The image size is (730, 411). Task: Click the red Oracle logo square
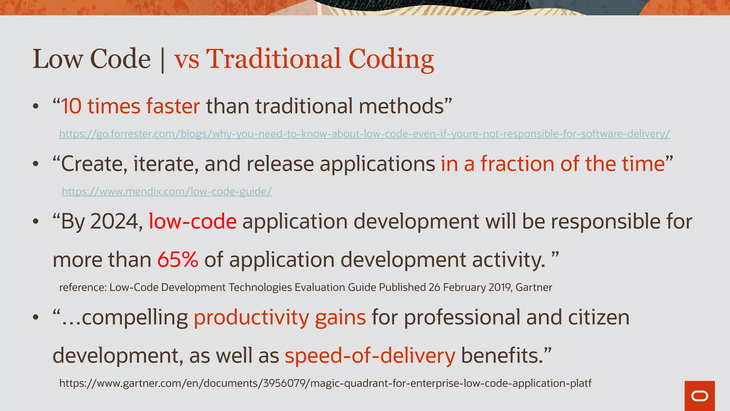(x=699, y=396)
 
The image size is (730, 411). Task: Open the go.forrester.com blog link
(x=364, y=134)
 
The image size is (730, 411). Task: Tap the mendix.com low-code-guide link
(x=167, y=192)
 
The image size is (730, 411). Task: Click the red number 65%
(x=178, y=259)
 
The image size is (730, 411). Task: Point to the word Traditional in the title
(x=274, y=59)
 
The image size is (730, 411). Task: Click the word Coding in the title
(x=391, y=60)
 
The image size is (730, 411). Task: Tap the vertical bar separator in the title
(x=163, y=60)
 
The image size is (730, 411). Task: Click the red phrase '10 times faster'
(x=130, y=106)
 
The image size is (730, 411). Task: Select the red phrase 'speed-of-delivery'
(x=370, y=356)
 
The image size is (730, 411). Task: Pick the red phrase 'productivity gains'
(x=280, y=318)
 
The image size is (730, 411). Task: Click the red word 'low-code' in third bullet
(x=192, y=222)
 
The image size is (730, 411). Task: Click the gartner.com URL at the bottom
(x=325, y=383)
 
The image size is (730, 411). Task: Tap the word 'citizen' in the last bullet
(x=598, y=318)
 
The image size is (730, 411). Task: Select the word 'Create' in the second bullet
(x=94, y=164)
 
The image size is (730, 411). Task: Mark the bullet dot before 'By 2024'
(x=35, y=222)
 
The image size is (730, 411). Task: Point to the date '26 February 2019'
(x=470, y=287)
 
